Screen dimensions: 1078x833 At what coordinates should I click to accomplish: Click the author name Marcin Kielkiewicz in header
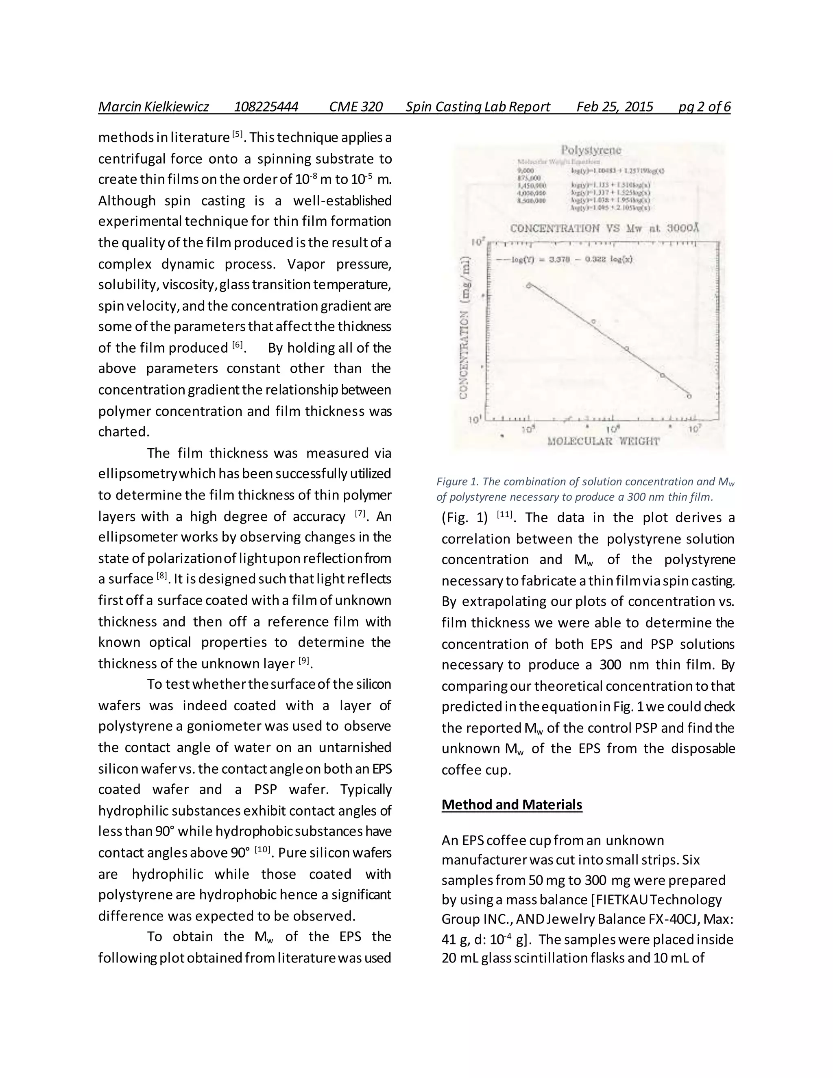[x=153, y=107]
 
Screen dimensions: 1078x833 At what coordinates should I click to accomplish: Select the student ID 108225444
[x=266, y=107]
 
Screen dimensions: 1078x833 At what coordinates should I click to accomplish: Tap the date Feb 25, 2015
[x=615, y=107]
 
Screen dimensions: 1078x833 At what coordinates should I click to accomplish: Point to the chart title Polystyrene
[x=591, y=150]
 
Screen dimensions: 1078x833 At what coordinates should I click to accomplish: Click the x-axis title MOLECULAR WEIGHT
[x=603, y=441]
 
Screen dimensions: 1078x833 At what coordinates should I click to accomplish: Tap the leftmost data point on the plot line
[x=528, y=285]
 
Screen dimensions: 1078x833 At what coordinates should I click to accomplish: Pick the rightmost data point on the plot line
[x=689, y=396]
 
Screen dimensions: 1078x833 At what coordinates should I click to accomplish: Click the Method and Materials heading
[x=512, y=804]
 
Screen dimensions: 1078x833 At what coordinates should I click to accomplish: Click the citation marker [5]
[x=238, y=134]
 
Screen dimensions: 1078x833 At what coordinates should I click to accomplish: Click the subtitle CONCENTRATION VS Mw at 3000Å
[x=604, y=228]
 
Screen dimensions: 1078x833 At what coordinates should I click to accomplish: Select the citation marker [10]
[x=262, y=850]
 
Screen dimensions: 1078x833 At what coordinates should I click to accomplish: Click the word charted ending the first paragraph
[x=122, y=432]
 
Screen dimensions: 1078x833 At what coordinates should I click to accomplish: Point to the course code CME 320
[x=356, y=107]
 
